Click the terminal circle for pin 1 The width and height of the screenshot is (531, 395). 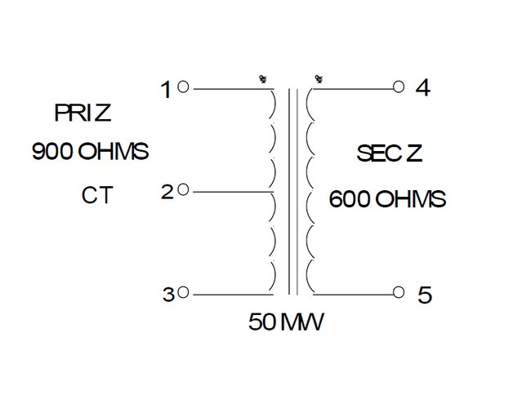coord(184,87)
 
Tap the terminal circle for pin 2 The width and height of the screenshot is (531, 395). coord(184,189)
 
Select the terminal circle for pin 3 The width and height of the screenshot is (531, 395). coord(184,292)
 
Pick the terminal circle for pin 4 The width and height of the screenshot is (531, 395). coord(399,87)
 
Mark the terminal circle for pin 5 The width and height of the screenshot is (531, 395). coord(399,292)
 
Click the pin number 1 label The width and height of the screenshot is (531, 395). coord(167,89)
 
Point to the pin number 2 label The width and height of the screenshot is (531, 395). coord(167,193)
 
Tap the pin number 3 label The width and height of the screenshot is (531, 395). coord(167,295)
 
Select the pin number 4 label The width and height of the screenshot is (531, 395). coord(422,88)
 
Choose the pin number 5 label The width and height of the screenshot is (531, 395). coord(424,295)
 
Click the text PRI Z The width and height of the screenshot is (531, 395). coord(83,113)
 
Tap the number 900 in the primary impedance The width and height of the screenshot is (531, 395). coord(51,152)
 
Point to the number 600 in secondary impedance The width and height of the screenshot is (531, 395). coord(348,198)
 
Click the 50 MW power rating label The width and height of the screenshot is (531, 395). coord(286,322)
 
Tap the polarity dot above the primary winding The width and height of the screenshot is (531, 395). coord(263,79)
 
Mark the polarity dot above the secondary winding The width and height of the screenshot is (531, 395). coord(316,79)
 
